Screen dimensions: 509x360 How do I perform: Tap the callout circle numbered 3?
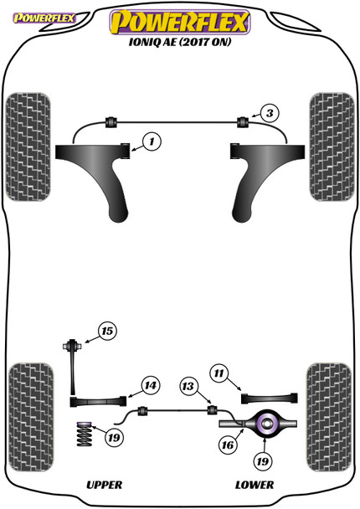pyautogui.click(x=266, y=112)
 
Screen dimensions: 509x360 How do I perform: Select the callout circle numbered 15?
pyautogui.click(x=106, y=332)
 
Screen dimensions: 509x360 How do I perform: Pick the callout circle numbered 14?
pyautogui.click(x=149, y=386)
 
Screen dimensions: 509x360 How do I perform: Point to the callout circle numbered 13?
pyautogui.click(x=189, y=386)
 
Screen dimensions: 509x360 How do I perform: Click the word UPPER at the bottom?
pyautogui.click(x=105, y=485)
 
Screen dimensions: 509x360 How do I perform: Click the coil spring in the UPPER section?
pyautogui.click(x=85, y=434)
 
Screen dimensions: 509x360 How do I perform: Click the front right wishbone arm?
pyautogui.click(x=273, y=176)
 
